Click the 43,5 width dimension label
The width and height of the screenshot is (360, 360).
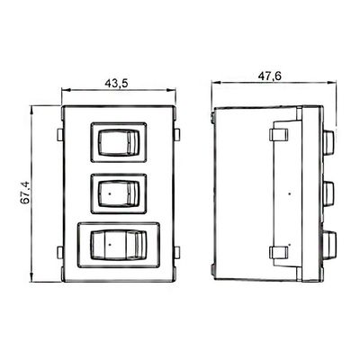(116, 84)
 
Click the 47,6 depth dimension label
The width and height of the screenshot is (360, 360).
(270, 76)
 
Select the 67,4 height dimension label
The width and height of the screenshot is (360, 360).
(25, 194)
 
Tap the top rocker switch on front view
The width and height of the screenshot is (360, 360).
(119, 142)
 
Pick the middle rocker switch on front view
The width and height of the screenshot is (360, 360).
(119, 193)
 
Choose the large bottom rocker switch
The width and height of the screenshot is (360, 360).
(119, 245)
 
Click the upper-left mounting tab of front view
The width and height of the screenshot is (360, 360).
(59, 135)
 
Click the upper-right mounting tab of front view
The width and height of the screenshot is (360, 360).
(177, 135)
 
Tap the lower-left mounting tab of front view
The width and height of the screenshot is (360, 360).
(59, 252)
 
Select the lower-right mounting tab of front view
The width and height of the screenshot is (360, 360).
(177, 252)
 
